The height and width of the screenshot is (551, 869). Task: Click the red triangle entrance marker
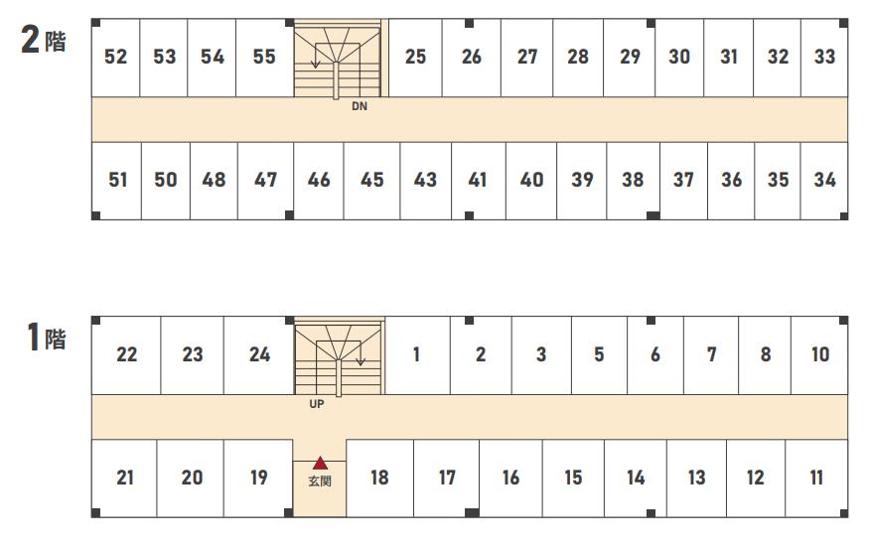321,463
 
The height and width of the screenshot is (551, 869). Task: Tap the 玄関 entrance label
320,481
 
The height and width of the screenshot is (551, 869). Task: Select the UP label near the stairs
317,404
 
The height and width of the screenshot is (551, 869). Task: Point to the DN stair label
360,106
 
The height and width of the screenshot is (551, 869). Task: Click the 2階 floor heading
44,40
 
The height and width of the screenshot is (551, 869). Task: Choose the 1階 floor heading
47,338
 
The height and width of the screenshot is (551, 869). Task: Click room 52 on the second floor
115,58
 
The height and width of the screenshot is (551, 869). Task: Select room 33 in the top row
824,58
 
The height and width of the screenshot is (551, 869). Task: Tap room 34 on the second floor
824,181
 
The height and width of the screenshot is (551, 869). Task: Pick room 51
117,181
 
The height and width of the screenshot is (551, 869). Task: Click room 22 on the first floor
126,355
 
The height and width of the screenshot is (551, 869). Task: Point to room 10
819,355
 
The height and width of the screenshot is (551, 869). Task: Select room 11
816,478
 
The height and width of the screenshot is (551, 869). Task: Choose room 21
125,478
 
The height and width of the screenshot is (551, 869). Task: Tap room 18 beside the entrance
379,478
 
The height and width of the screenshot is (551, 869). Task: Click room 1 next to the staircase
417,355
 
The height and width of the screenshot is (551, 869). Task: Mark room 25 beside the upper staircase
415,58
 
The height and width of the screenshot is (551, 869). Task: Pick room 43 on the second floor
425,181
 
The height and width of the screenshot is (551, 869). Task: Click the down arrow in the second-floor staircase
316,56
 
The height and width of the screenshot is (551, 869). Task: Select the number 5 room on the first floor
599,355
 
